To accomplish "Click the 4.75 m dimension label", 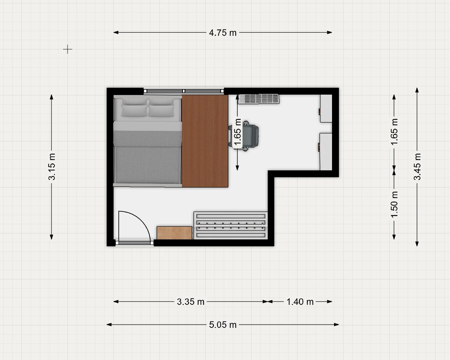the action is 222,32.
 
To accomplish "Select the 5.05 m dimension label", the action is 222,324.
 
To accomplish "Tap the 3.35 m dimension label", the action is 190,301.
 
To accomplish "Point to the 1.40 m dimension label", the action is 300,301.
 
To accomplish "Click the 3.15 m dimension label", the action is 51,167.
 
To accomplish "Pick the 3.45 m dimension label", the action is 417,167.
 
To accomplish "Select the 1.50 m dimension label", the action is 394,204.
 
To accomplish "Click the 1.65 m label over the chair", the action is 237,132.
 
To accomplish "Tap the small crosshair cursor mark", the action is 67,49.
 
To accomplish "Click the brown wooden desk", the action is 205,141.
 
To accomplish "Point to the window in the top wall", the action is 183,91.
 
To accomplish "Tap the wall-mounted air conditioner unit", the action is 259,99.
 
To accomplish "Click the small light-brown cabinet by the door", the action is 174,233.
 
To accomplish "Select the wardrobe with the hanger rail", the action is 230,225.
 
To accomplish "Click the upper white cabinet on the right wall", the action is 326,108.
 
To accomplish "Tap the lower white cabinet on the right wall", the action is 326,151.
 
